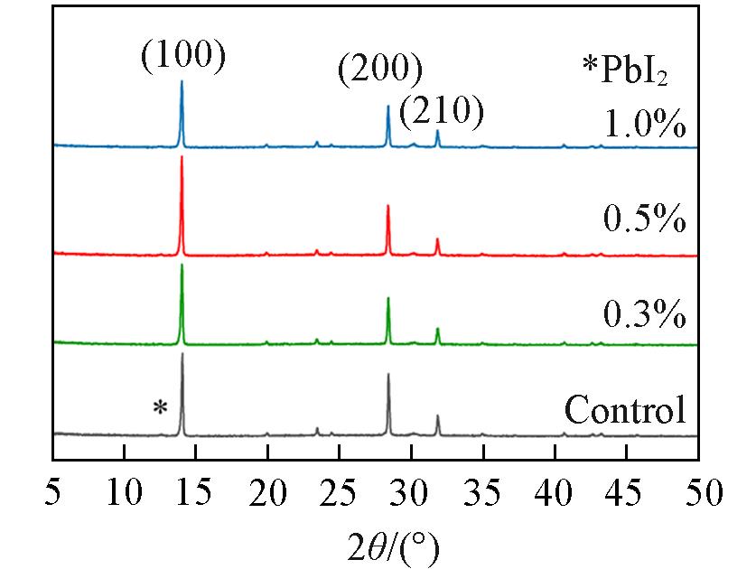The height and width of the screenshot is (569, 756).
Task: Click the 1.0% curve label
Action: pyautogui.click(x=644, y=124)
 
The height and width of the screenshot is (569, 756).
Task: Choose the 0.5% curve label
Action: pyautogui.click(x=644, y=219)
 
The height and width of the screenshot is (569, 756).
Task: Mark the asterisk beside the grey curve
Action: pyautogui.click(x=160, y=407)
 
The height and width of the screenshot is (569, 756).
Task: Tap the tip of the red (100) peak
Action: pyautogui.click(x=182, y=157)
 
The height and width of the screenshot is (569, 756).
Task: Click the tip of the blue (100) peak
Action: pyautogui.click(x=182, y=81)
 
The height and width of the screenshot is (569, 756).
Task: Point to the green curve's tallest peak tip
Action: pyautogui.click(x=182, y=265)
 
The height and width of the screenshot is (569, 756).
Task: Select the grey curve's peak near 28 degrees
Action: pyautogui.click(x=388, y=374)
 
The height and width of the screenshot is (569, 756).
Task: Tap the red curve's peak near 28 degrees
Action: pyautogui.click(x=387, y=206)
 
